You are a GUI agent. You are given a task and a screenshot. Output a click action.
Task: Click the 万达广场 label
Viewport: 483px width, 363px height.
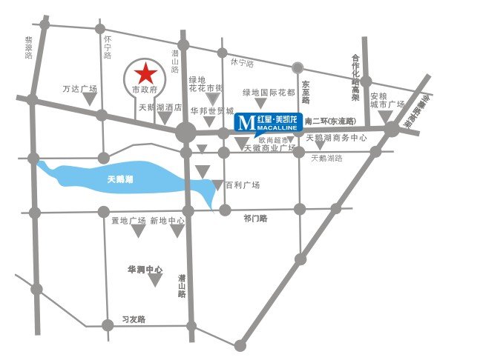[x=81, y=89]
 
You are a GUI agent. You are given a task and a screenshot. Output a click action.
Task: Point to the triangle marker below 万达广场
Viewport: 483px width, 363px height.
[x=99, y=114]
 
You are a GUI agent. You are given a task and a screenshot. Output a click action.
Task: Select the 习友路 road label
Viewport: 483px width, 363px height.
[x=134, y=319]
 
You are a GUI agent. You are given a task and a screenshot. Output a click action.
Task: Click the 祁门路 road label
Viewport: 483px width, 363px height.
[x=254, y=219]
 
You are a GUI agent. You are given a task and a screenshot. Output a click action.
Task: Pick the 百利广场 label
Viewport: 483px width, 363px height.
[x=242, y=184]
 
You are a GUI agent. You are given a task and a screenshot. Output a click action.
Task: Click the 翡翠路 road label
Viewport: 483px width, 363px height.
[x=29, y=47]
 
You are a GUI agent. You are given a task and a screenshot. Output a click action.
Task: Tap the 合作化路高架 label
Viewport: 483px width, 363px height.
[x=355, y=77]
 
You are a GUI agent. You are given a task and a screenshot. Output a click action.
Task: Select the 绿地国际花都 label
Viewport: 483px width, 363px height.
[x=269, y=93]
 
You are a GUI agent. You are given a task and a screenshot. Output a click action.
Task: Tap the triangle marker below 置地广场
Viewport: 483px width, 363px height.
[x=137, y=232]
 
